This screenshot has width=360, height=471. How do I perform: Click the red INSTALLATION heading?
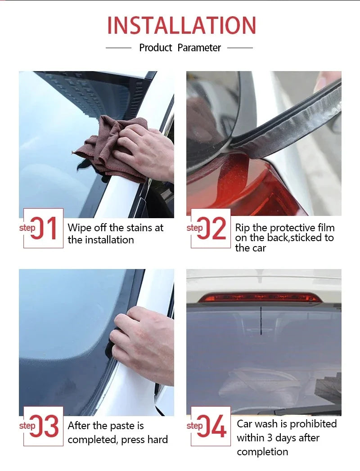coord(181,25)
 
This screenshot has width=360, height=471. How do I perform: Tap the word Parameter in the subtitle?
coord(199,48)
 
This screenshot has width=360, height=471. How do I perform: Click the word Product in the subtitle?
coord(156,48)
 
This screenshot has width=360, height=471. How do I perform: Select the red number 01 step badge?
coord(43,228)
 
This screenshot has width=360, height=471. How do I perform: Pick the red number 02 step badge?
coord(211,228)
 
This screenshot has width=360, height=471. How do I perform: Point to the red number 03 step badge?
coord(43,426)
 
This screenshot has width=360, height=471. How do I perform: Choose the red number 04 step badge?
coord(211,426)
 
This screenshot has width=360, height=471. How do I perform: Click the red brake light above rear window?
coord(260,298)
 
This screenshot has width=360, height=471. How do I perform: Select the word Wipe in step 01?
coord(80,228)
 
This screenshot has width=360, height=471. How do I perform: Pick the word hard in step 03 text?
coord(157,440)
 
